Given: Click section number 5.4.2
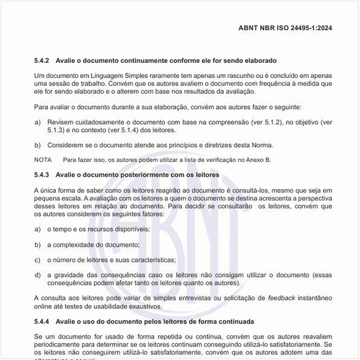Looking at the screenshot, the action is pyautogui.click(x=43, y=60).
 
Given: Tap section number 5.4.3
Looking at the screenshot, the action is pyautogui.click(x=43, y=175).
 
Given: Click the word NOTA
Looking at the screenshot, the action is pyautogui.click(x=43, y=160).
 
